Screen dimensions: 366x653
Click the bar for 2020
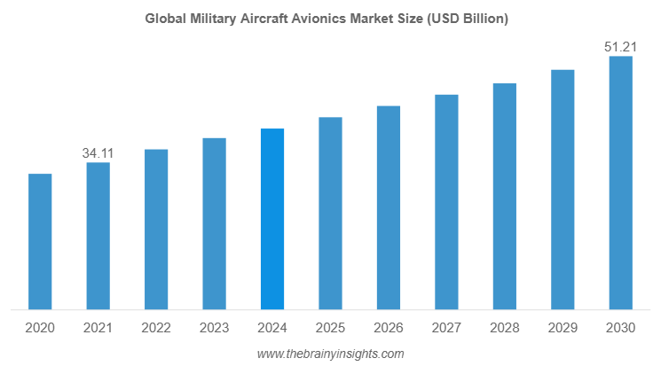[x=40, y=242]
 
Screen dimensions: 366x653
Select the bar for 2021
[x=98, y=237]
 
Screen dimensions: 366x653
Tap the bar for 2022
[x=156, y=230]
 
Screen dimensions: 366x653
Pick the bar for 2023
[x=214, y=224]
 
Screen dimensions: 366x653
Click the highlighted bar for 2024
[x=271, y=220]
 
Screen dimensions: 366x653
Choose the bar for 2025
[x=330, y=214]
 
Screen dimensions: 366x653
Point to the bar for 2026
[x=388, y=208]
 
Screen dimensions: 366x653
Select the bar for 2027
[x=446, y=202]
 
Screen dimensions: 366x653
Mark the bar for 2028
[x=504, y=197]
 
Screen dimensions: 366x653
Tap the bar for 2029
[x=563, y=190]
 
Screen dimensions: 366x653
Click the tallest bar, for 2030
[x=620, y=183]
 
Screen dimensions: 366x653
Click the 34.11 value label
[x=98, y=153]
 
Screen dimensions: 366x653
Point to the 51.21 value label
[x=620, y=47]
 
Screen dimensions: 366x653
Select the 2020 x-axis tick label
[x=40, y=328]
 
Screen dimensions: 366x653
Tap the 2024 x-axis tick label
[x=271, y=328]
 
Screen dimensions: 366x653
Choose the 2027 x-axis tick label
[x=446, y=328]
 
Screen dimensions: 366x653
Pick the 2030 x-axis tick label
[x=620, y=328]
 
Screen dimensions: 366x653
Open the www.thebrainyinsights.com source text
[x=330, y=354]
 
